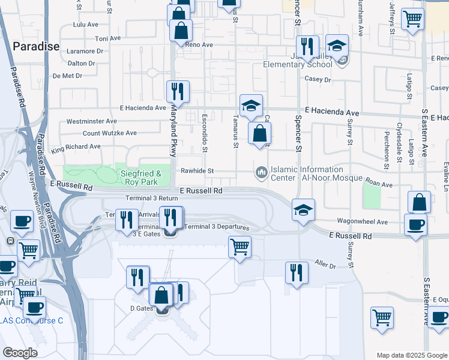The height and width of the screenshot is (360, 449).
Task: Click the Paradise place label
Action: click(x=36, y=46)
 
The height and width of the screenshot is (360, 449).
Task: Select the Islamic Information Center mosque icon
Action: click(x=261, y=173)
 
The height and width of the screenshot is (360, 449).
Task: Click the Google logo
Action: click(x=20, y=353)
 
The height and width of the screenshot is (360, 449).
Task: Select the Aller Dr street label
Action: click(x=325, y=264)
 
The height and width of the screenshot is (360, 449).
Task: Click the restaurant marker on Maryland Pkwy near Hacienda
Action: click(x=178, y=92)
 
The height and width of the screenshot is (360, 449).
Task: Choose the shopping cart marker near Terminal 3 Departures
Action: click(x=240, y=246)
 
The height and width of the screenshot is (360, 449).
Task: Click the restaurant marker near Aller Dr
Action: click(x=297, y=272)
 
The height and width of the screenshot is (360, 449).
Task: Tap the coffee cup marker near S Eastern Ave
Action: click(x=415, y=224)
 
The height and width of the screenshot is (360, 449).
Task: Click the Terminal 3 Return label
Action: click(x=152, y=198)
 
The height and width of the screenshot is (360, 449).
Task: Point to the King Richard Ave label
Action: click(x=76, y=146)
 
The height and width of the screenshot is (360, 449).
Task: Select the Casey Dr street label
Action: click(x=318, y=79)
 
